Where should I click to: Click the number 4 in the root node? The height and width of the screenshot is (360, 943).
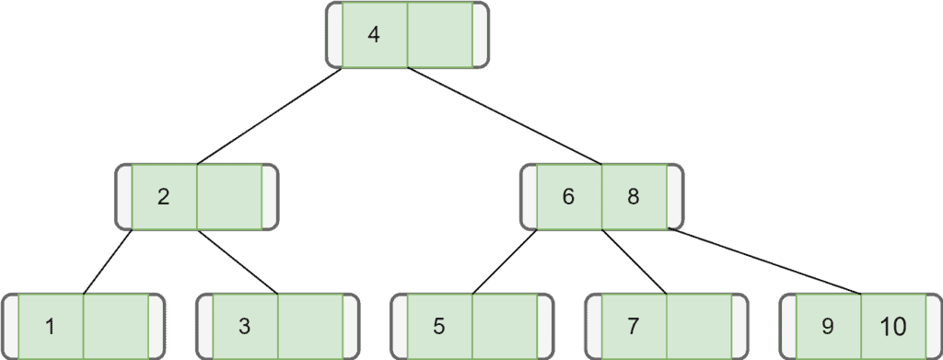[373, 35]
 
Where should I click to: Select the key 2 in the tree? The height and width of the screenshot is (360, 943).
[164, 196]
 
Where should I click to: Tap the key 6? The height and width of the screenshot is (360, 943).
[568, 196]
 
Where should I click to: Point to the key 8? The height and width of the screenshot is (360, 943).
[634, 196]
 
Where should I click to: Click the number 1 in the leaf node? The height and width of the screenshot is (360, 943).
[50, 326]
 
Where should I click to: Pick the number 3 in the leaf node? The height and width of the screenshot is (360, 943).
[244, 326]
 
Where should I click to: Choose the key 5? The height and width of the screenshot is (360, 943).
[439, 326]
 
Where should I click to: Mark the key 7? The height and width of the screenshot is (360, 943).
[633, 326]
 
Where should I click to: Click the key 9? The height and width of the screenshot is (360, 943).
[828, 326]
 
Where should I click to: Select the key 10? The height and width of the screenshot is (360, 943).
[892, 326]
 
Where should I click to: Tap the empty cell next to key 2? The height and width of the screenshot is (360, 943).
[229, 196]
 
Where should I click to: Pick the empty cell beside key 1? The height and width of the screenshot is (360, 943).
[116, 326]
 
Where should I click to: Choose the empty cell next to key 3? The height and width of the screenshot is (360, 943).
[310, 326]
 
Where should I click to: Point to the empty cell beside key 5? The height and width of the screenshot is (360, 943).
[505, 326]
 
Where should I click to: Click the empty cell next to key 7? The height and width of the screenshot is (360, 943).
[699, 326]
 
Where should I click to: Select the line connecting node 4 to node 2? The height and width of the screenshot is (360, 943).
[269, 116]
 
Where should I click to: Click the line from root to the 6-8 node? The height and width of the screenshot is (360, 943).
[505, 116]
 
